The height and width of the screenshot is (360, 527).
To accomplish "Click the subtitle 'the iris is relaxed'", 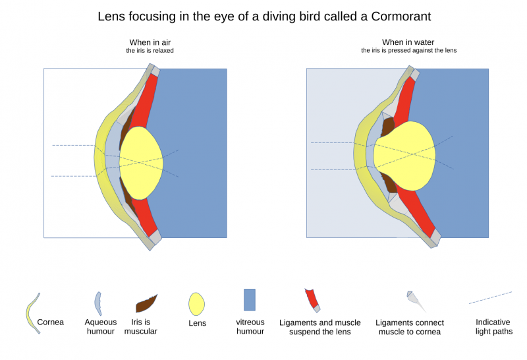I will point(150,51).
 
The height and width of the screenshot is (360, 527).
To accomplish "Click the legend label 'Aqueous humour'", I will point(101,326).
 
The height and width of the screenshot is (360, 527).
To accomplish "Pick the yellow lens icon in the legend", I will point(196,304).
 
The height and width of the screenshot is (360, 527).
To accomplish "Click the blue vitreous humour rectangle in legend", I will point(249,299).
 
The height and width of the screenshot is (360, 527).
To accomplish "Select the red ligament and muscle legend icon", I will point(311,299).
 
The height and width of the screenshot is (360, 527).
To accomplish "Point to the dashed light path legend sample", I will point(490,297).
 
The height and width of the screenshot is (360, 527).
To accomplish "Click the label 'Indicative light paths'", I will point(493,326).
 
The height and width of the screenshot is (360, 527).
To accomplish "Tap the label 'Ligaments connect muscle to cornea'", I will point(410,327).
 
